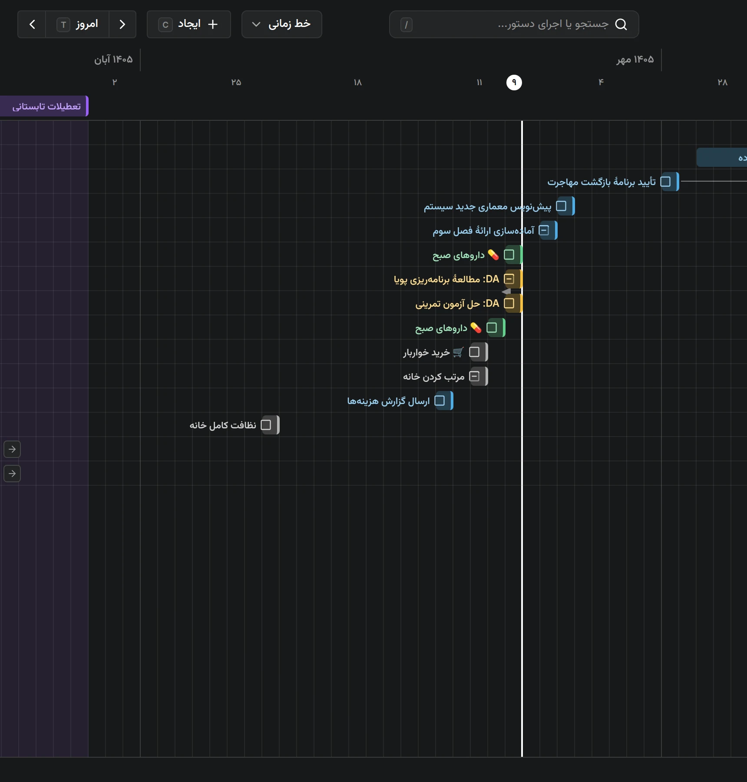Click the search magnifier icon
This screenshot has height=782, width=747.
[x=621, y=24]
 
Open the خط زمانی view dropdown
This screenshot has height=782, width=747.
[x=281, y=24]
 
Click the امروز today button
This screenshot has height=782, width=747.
[x=77, y=24]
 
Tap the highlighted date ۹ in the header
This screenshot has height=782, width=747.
[x=514, y=82]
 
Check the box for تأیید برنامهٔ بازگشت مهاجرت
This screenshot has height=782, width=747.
[x=665, y=182]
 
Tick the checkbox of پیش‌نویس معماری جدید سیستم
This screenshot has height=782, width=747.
[x=561, y=206]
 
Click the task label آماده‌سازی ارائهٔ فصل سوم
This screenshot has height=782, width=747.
[x=483, y=230]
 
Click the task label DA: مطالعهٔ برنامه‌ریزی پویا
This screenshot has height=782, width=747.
[x=446, y=279]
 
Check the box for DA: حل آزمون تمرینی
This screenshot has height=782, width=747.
[x=509, y=303]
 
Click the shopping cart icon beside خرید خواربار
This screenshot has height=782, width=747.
[x=458, y=352]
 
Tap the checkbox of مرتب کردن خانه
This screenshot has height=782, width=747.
[x=474, y=376]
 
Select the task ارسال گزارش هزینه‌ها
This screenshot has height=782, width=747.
[x=388, y=401]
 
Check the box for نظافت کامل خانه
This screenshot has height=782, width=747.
[x=266, y=425]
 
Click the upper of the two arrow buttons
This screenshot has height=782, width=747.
[x=12, y=449]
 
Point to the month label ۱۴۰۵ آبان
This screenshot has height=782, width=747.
[x=113, y=60]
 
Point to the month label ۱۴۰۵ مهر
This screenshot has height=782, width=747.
[x=635, y=60]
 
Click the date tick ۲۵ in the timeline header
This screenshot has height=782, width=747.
[x=236, y=82]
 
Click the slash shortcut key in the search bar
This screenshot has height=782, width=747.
[x=406, y=24]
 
